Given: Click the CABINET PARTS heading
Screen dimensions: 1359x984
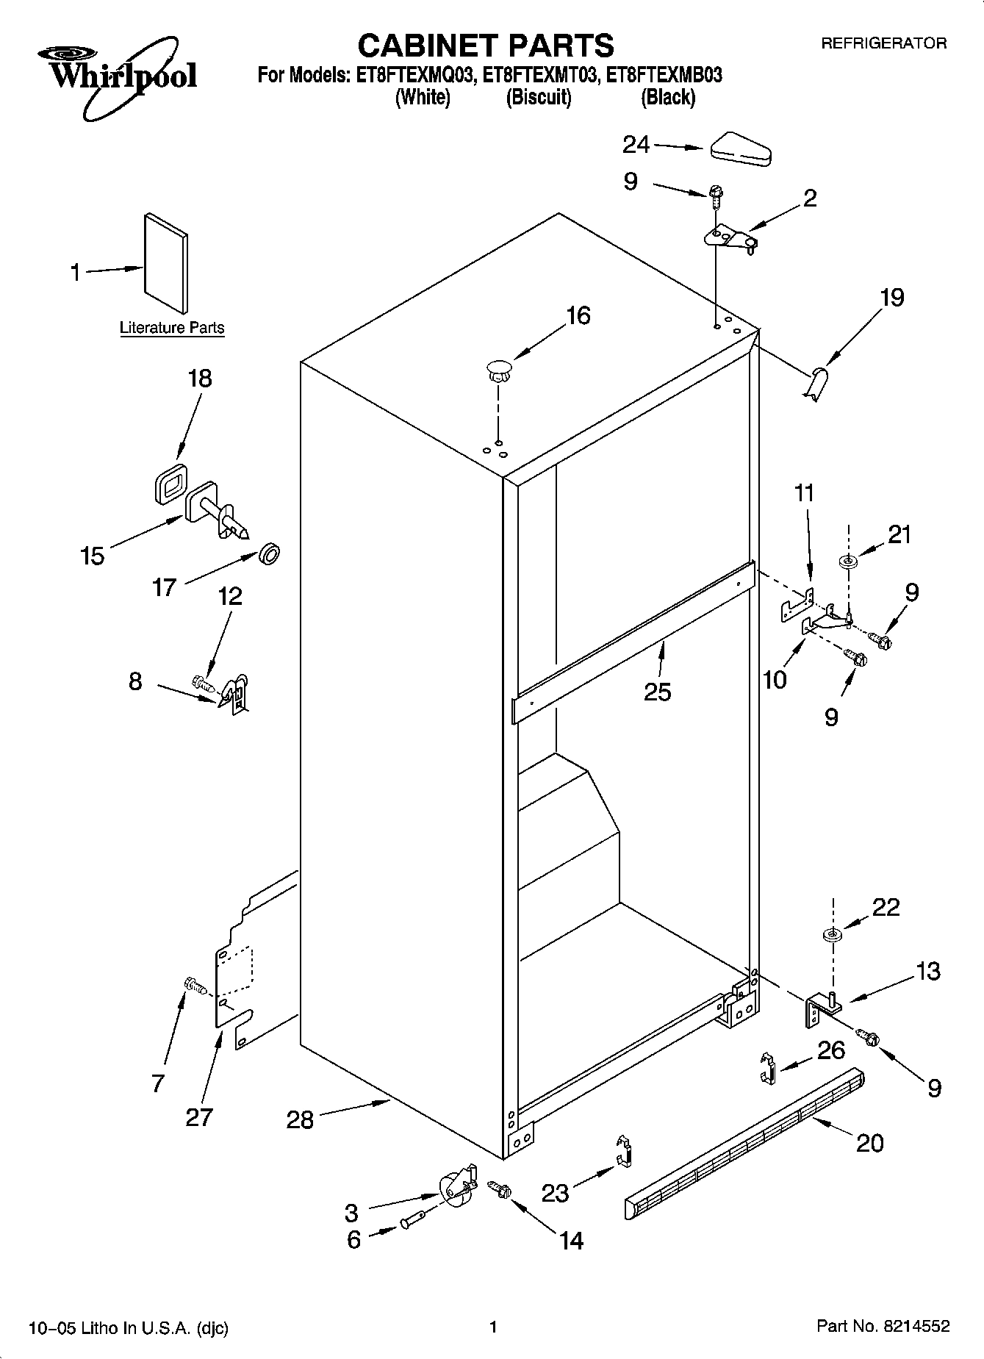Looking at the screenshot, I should click(x=485, y=46).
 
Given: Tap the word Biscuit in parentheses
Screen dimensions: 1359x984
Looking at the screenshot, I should click(x=538, y=97).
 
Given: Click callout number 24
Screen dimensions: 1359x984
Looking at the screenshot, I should click(x=636, y=145).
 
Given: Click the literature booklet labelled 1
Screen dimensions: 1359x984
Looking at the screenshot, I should click(x=166, y=263).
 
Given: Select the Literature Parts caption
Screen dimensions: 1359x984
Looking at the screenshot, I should click(x=172, y=328).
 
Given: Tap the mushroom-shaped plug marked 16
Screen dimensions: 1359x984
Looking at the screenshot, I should click(x=498, y=369).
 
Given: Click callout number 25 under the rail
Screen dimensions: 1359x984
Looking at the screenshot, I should click(x=657, y=692).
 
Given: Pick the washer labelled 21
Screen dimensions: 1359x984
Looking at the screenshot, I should click(x=849, y=562).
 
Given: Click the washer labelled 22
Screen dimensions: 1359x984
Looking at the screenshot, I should click(x=832, y=936).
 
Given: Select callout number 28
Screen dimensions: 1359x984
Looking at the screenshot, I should click(x=301, y=1120).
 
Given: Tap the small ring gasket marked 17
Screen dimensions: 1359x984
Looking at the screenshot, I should click(x=270, y=553).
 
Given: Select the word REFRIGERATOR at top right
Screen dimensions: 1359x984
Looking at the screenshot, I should click(x=883, y=43).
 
